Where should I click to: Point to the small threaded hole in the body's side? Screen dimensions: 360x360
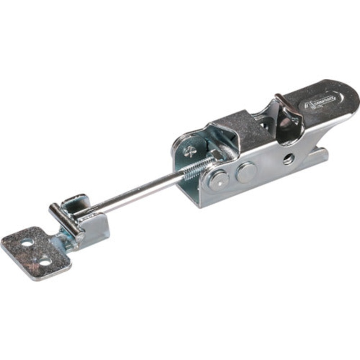[288, 158]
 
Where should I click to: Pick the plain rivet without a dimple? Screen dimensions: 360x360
[246, 172]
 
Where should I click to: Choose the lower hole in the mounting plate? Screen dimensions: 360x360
[44, 260]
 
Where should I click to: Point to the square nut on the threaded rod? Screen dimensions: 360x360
[215, 155]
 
